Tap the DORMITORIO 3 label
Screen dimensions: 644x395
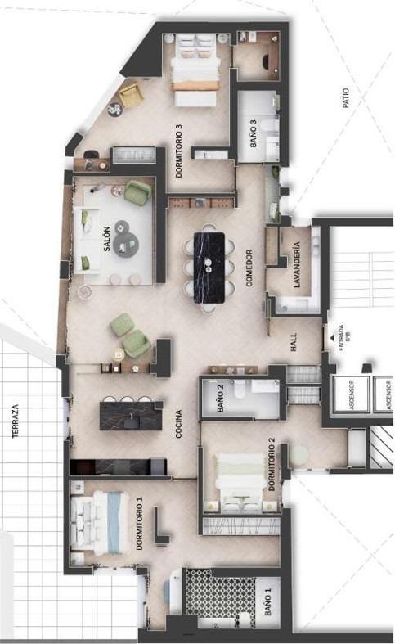[178, 151]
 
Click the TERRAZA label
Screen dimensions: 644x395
[14, 421]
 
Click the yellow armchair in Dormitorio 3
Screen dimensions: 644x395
[131, 97]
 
